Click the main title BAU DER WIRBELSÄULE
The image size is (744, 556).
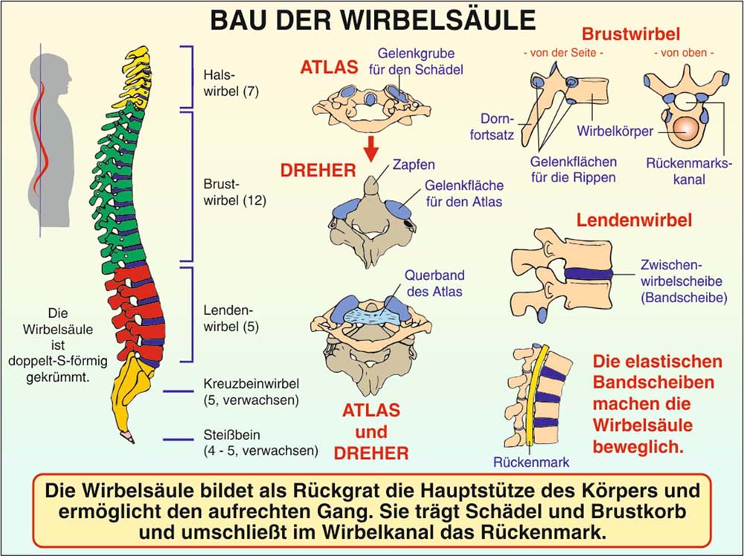[372, 19]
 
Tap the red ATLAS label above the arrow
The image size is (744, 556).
[330, 67]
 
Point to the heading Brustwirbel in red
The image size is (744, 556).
[632, 34]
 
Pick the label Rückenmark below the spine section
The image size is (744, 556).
[531, 462]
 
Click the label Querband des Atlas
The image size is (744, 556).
[434, 283]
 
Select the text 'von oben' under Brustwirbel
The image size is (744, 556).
[683, 54]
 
